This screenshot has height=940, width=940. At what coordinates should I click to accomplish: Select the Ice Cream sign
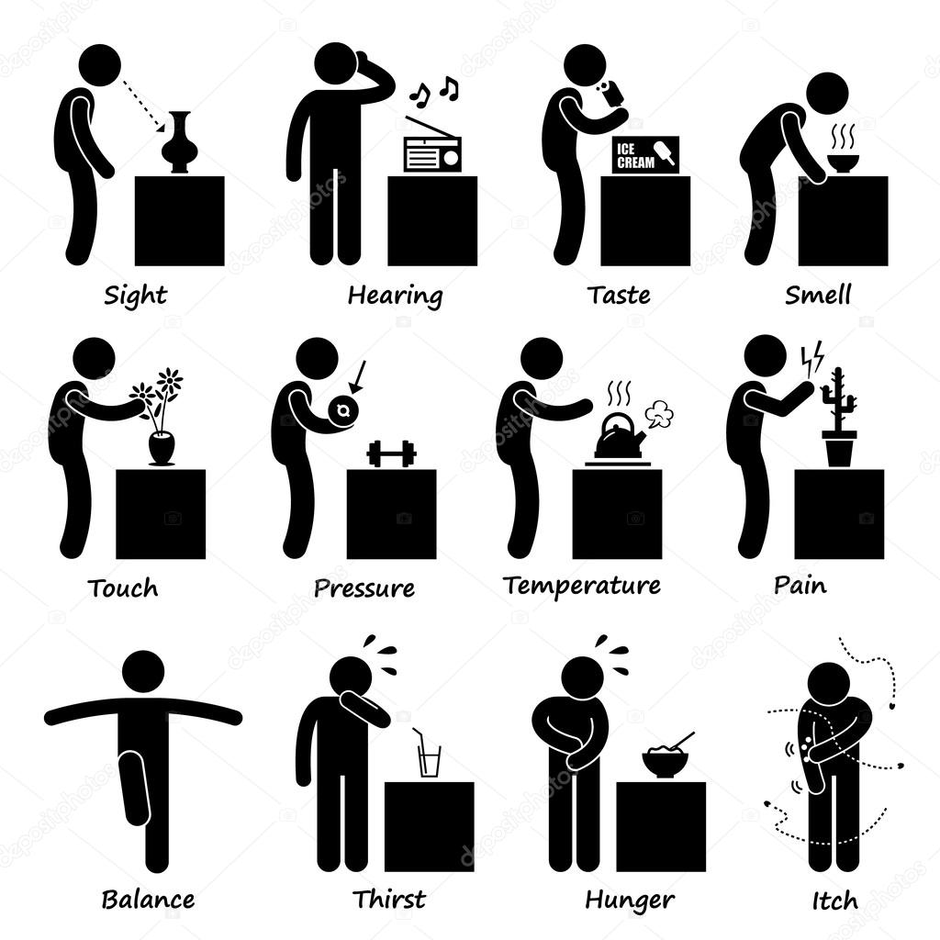pyautogui.click(x=645, y=155)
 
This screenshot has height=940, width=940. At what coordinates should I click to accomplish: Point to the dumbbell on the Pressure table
pyautogui.click(x=391, y=453)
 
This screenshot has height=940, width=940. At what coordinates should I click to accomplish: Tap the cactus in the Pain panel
pyautogui.click(x=839, y=419)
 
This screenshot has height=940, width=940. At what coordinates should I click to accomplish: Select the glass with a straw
pyautogui.click(x=428, y=755)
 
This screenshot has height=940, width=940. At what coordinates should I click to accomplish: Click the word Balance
pyautogui.click(x=148, y=900)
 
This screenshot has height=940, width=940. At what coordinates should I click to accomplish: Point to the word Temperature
pyautogui.click(x=581, y=585)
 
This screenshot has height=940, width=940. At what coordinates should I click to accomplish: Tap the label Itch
pyautogui.click(x=834, y=901)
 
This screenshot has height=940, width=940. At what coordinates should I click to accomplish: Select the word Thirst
pyautogui.click(x=389, y=900)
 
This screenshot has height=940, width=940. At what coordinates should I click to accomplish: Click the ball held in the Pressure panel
pyautogui.click(x=343, y=410)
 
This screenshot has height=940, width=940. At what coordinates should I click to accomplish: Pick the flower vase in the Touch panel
pyautogui.click(x=162, y=448)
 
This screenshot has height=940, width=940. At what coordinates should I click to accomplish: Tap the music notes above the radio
pyautogui.click(x=434, y=89)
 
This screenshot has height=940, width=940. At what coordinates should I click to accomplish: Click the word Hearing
pyautogui.click(x=396, y=297)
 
